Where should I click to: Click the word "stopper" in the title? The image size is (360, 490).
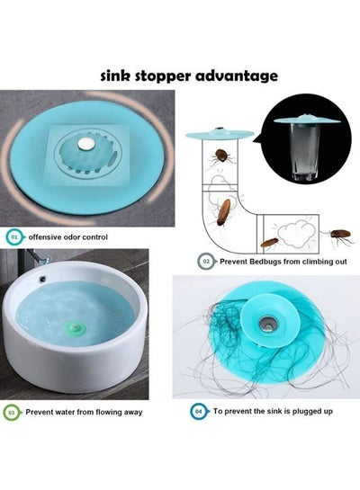162,76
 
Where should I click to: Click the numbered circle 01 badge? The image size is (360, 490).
13,236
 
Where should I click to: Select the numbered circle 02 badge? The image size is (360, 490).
206,262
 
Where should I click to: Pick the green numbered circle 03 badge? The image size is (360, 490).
12,413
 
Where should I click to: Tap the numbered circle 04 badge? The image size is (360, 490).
198,411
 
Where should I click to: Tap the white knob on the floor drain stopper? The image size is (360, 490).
85,143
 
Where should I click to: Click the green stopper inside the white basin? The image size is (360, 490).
76,329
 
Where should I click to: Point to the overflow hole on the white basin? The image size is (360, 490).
42,278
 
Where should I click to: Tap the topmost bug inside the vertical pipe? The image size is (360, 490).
220,156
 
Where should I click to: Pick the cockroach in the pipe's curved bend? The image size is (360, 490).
224,213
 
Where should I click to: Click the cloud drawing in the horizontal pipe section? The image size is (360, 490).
296,233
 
